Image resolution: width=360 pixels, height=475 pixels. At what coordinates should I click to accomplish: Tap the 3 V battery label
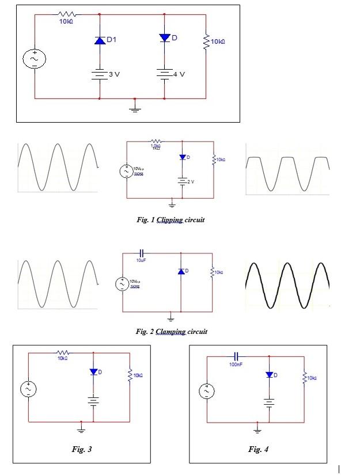coord(113,75)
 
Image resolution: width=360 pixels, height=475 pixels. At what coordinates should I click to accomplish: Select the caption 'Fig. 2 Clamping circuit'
coord(171,331)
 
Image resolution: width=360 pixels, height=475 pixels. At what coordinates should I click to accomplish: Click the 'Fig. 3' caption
coord(81,449)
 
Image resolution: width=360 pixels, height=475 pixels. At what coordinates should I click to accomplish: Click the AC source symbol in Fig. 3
coord(28,390)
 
